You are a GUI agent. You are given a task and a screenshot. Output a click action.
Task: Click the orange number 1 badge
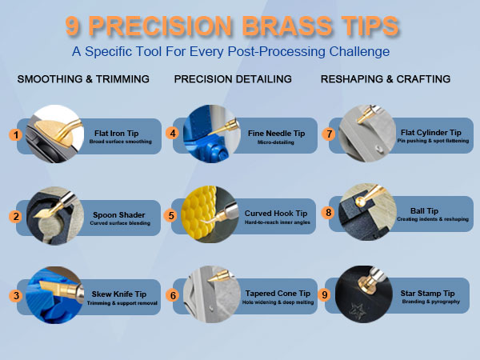[x=16, y=134]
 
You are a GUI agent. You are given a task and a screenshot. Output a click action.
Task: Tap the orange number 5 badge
[x=171, y=215]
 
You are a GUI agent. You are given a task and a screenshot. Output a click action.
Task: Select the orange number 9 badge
[x=325, y=294]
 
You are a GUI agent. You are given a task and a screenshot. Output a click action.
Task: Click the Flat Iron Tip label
[x=116, y=134]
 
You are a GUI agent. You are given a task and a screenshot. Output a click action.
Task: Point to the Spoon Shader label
[x=118, y=215]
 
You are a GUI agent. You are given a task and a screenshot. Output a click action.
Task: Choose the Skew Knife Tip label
[x=118, y=294]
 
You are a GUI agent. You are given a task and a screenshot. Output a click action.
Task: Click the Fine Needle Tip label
[x=276, y=134]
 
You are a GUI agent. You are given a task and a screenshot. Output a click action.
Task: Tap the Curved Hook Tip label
[x=275, y=214]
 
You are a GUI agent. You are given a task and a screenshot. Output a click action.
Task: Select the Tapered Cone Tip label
[x=278, y=294]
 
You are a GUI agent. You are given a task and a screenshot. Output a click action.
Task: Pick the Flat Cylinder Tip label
[x=430, y=133]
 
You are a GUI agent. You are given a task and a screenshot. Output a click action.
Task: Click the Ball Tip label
[x=424, y=211]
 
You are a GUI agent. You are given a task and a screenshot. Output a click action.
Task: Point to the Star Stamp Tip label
[x=427, y=294]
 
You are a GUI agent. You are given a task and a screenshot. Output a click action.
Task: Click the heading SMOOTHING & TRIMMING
[x=83, y=79]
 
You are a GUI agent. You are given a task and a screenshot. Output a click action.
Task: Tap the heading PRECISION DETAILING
[x=233, y=79]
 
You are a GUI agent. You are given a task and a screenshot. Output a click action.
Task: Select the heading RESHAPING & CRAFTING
[x=386, y=79]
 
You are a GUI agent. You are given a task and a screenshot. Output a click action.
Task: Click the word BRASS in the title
[x=287, y=26]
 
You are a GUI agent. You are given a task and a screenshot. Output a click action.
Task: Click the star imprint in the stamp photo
[x=357, y=310]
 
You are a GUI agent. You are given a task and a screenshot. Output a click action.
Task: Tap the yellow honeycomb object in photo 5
[x=198, y=214]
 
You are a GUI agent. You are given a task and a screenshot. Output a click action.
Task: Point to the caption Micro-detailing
[x=275, y=142]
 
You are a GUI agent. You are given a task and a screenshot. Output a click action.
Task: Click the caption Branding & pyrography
[x=430, y=302]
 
